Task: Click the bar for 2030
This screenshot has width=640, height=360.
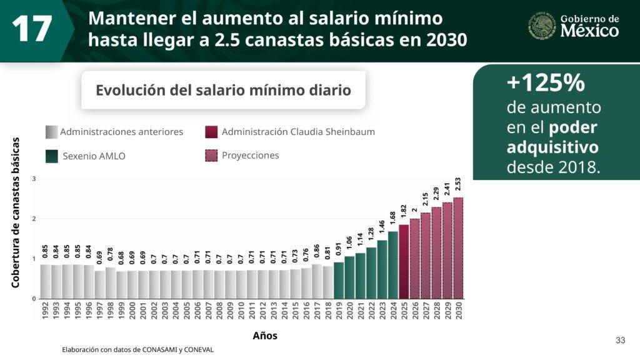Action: (x=458, y=248)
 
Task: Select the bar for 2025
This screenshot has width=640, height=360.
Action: (x=404, y=261)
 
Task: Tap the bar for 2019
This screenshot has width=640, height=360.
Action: (x=339, y=280)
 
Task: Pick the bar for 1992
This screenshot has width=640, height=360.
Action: (x=46, y=281)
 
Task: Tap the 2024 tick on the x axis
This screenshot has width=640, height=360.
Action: (x=393, y=311)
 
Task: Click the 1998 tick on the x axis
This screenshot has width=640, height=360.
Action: (x=111, y=311)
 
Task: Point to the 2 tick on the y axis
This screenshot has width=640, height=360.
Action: (x=34, y=219)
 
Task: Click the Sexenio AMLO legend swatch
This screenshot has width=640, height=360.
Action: (x=52, y=156)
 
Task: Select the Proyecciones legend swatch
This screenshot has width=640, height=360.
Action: (x=211, y=156)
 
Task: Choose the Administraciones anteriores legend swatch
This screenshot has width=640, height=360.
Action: (x=52, y=132)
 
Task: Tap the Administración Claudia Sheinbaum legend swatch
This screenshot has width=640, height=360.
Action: (x=211, y=132)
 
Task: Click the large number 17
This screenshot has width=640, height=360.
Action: (x=31, y=29)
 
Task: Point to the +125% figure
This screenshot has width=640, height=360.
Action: (x=545, y=82)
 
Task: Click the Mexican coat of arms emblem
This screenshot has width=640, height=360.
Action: (x=542, y=26)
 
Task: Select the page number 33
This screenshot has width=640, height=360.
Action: (x=620, y=340)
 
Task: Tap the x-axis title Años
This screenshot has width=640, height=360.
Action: (x=265, y=336)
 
